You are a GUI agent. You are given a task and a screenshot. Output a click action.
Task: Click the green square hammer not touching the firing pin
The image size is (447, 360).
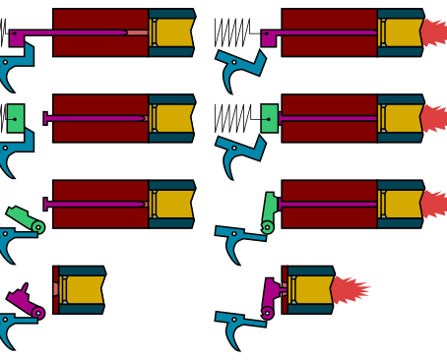coord(15,118)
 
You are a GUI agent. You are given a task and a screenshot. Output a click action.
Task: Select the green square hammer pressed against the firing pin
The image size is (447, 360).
coord(269,118)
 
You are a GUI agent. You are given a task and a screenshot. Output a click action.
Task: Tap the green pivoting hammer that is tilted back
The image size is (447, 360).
coord(25,218)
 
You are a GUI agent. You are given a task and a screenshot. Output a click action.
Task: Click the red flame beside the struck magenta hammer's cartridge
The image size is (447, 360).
coord(350,289)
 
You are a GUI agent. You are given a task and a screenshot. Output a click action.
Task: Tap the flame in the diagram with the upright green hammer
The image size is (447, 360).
coord(433,204)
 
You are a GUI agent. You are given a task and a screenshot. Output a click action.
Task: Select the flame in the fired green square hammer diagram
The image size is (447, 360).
coord(433,118)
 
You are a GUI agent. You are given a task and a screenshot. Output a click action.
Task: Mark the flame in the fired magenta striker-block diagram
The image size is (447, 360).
coord(433,32)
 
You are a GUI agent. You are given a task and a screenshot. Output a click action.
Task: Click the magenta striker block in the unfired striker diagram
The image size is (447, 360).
coord(17,38)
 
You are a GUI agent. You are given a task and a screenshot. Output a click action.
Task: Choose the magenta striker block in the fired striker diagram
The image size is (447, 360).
coord(268,38)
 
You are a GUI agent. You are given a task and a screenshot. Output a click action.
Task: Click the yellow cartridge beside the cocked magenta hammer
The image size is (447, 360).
coord(85,289)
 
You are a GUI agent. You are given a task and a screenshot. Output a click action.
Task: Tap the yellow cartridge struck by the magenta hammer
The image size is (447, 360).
coord(314,289)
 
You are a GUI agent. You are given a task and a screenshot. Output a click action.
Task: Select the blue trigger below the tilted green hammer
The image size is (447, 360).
coord(14,241)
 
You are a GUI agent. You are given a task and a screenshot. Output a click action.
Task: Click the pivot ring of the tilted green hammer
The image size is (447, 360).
coord(38,227)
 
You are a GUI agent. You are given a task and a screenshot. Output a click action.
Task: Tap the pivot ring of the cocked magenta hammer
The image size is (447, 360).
coord(38,313)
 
